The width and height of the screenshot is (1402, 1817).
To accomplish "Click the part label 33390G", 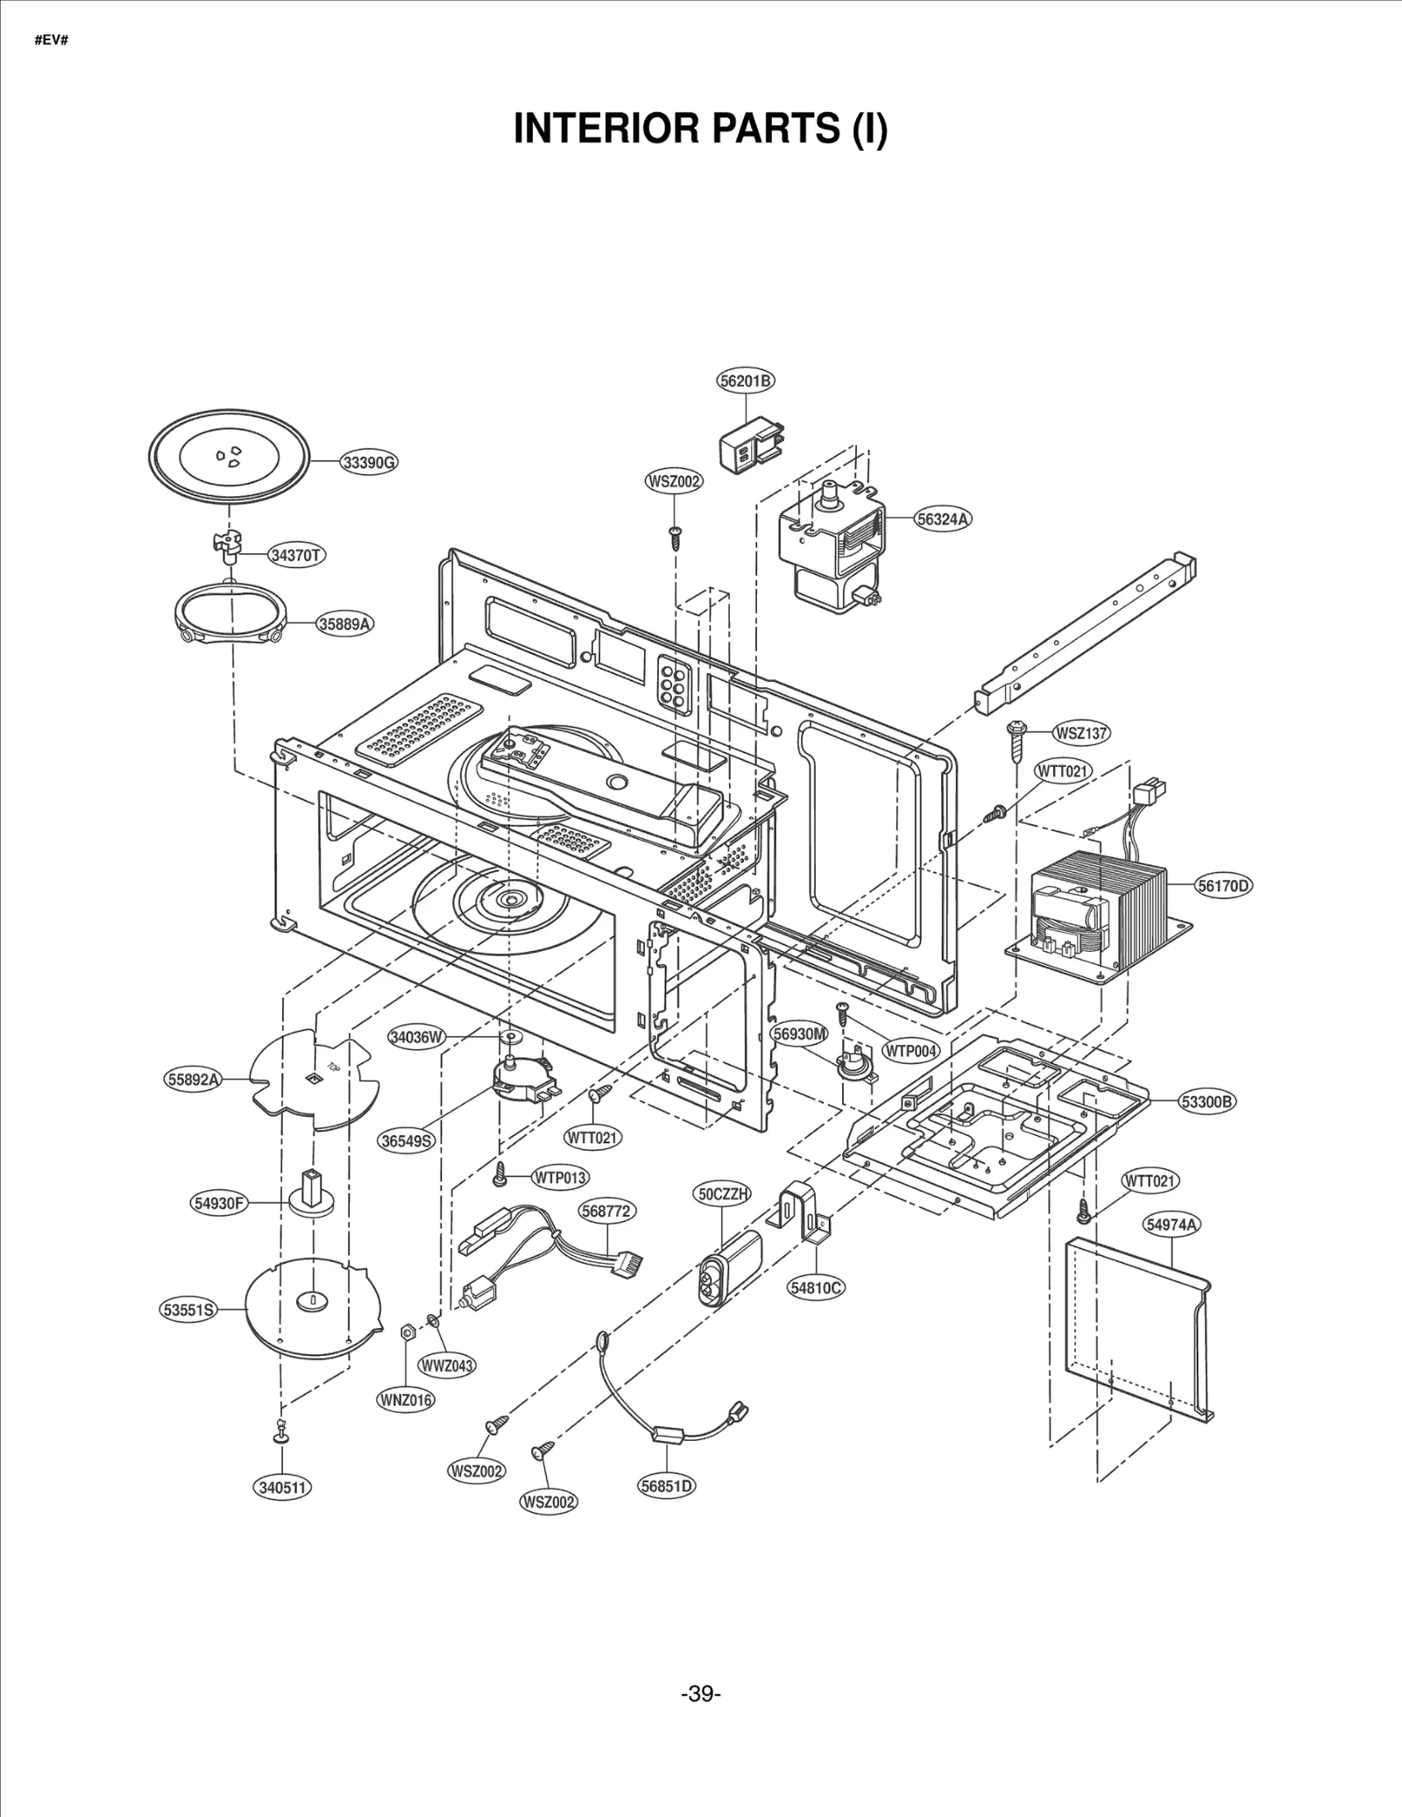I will pyautogui.click(x=369, y=462).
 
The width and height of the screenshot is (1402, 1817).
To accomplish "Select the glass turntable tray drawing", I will pyautogui.click(x=230, y=458).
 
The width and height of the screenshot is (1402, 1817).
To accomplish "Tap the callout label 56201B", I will pyautogui.click(x=746, y=380).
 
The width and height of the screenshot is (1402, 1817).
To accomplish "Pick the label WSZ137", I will pyautogui.click(x=1081, y=732).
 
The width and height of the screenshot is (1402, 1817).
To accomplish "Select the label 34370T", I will pyautogui.click(x=297, y=555).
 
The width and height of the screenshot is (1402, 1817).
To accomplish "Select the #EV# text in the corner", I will pyautogui.click(x=51, y=41).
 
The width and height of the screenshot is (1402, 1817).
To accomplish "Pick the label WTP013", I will pyautogui.click(x=560, y=1177).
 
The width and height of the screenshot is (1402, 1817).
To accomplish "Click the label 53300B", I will pyautogui.click(x=1207, y=1102).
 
